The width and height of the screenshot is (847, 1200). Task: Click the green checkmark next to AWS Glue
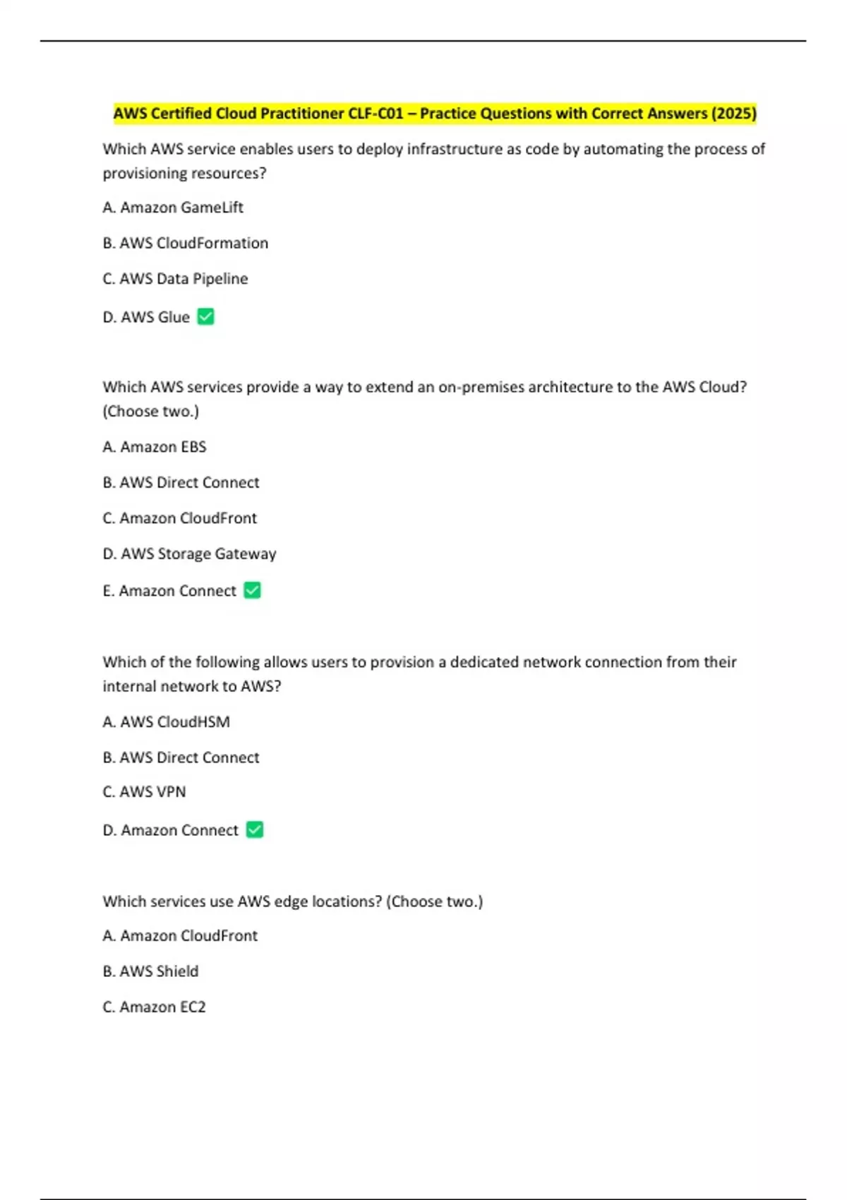coord(205,317)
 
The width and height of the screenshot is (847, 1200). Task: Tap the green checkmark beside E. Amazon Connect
coord(252,590)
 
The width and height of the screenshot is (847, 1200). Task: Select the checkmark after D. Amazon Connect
coord(255,829)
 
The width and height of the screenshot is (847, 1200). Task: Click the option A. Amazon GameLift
coord(173,208)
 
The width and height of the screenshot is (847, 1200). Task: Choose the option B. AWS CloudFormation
coord(186,243)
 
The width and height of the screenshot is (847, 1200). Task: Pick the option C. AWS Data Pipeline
coord(175,279)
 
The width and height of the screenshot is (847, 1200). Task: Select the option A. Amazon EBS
coord(155,447)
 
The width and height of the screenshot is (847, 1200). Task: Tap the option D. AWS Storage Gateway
coord(189,554)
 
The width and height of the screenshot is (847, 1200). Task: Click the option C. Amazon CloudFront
coord(180,518)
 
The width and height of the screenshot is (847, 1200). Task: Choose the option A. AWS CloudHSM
coord(167,721)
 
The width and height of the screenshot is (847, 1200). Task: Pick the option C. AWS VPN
coord(144,792)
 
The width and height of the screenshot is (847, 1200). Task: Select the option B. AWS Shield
coord(150,971)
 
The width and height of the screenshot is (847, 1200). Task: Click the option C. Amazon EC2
coord(154,1007)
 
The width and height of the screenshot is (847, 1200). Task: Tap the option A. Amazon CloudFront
coord(180,935)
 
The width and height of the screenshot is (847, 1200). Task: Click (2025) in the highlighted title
coord(733,114)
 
